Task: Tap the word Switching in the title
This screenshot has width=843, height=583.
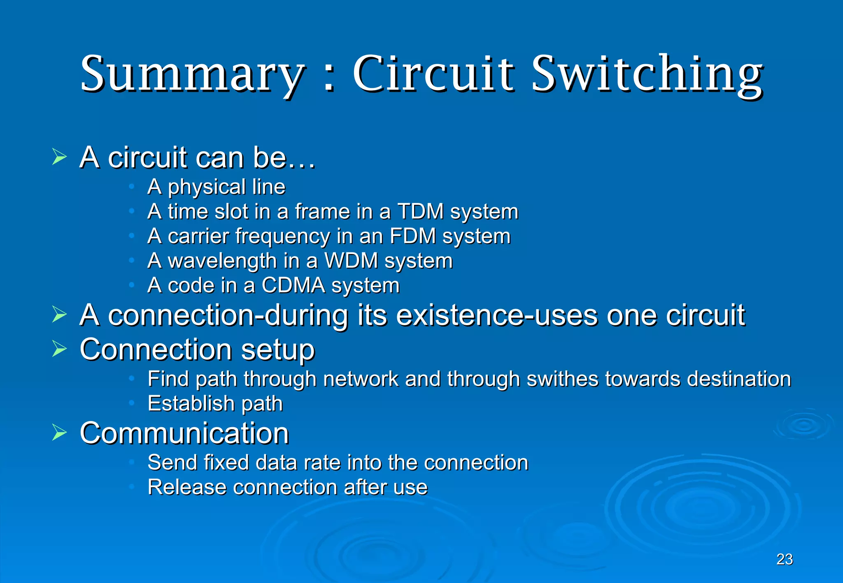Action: point(647,74)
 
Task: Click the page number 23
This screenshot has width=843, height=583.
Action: point(785,560)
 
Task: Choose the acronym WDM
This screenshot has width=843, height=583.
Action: point(351,261)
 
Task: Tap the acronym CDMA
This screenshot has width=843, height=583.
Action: point(293,285)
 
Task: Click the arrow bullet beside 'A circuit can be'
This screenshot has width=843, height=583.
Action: point(60,157)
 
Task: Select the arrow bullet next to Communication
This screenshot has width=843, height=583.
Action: point(60,433)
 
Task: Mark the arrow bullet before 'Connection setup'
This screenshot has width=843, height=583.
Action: point(60,349)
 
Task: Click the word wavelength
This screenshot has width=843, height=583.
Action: point(222,261)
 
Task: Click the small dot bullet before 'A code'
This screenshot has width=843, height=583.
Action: point(131,285)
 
